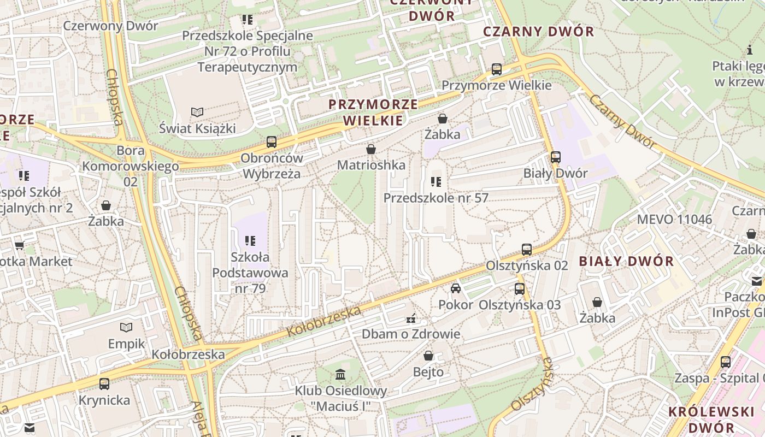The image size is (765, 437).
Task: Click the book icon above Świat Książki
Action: (x=197, y=112)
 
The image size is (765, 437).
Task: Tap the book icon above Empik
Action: (x=126, y=327)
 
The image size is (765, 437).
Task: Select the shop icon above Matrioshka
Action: (x=371, y=149)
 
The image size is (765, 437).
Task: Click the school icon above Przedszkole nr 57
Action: (x=436, y=181)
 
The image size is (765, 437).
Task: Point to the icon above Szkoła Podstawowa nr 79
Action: (x=250, y=240)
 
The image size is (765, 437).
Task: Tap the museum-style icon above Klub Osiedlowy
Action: (x=340, y=374)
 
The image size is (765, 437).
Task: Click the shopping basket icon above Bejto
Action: (x=428, y=356)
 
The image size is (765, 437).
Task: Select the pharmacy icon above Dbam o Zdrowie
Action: (x=411, y=317)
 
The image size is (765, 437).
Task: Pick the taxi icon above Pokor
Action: (x=456, y=288)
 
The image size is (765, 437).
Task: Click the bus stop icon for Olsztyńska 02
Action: (x=527, y=249)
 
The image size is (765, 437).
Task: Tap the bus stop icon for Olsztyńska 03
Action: (x=520, y=288)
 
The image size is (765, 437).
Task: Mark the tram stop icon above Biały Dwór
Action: (x=556, y=157)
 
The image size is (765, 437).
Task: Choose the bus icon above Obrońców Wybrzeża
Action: (x=272, y=142)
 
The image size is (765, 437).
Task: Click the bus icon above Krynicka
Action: (x=104, y=383)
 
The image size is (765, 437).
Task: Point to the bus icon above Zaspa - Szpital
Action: (x=726, y=362)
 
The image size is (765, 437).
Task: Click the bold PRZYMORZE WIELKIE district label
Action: (x=373, y=112)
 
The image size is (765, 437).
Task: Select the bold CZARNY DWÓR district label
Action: (x=538, y=31)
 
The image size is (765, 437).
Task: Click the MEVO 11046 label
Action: (x=674, y=220)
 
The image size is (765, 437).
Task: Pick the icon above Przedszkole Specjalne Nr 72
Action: (x=248, y=20)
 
